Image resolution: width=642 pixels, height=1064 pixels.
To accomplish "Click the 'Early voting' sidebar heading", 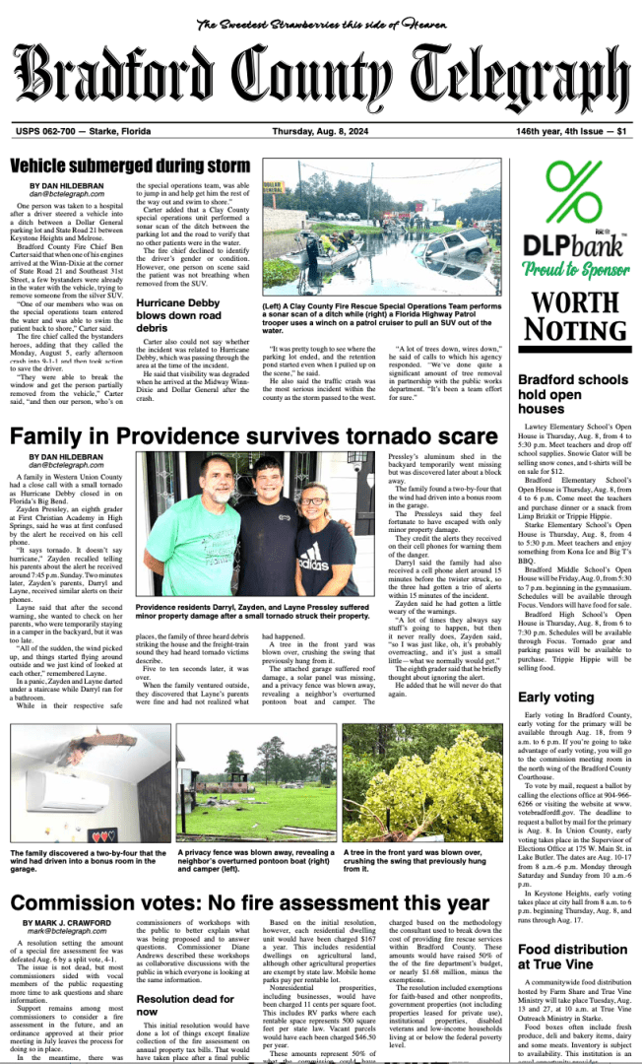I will tap(555, 698).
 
